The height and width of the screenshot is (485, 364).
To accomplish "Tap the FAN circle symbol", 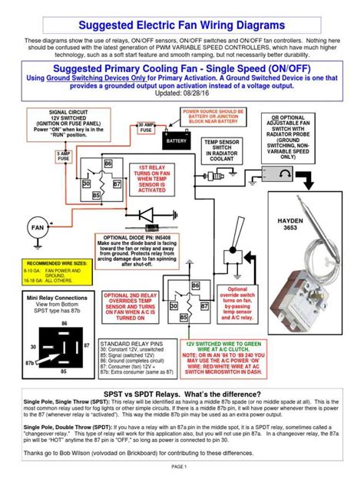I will pyautogui.click(x=36, y=228).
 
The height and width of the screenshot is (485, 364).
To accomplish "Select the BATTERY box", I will pyautogui.click(x=177, y=141).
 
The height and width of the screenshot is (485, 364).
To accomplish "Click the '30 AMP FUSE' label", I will pyautogui.click(x=147, y=127).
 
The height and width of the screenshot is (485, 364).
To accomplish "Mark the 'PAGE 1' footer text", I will pyautogui.click(x=181, y=467).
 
